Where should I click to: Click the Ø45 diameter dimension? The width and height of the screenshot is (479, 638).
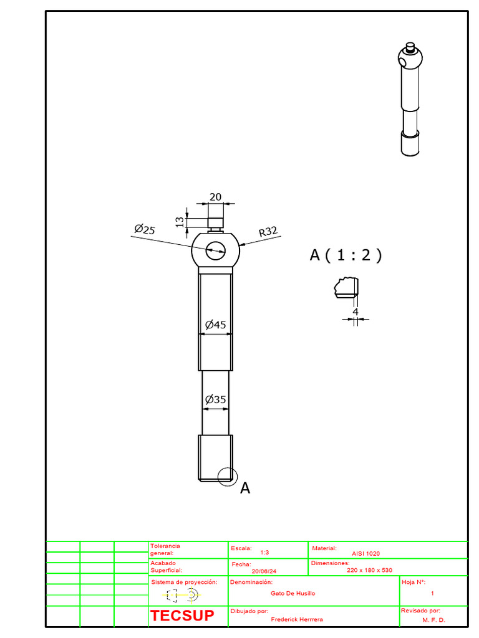[x=215, y=325]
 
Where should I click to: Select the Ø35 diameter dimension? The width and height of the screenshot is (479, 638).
[x=215, y=399]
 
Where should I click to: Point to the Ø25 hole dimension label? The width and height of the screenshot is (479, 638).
[x=144, y=230]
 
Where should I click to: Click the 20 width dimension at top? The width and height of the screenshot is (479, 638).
[x=215, y=197]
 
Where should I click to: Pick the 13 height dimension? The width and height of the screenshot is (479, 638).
[x=180, y=222]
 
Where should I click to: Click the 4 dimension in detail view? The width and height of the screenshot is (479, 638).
[x=356, y=312]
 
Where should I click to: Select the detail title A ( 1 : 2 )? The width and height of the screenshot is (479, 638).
[x=346, y=255]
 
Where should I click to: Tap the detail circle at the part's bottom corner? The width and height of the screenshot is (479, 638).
[x=228, y=476]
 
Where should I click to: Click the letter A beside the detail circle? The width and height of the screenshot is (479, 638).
[x=245, y=488]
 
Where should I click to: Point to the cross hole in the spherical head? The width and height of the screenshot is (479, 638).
[x=215, y=250]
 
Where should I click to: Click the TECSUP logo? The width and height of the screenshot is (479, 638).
[x=182, y=616]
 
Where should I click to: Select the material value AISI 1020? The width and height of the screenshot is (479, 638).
[x=365, y=553]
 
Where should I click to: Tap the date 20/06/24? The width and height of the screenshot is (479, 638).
[x=264, y=571]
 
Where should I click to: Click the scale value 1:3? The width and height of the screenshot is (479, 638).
[x=264, y=553]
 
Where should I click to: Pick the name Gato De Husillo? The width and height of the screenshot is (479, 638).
[x=293, y=594]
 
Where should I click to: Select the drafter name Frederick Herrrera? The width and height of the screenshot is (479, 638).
[x=297, y=620]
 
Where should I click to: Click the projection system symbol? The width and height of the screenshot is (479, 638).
[x=181, y=596]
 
